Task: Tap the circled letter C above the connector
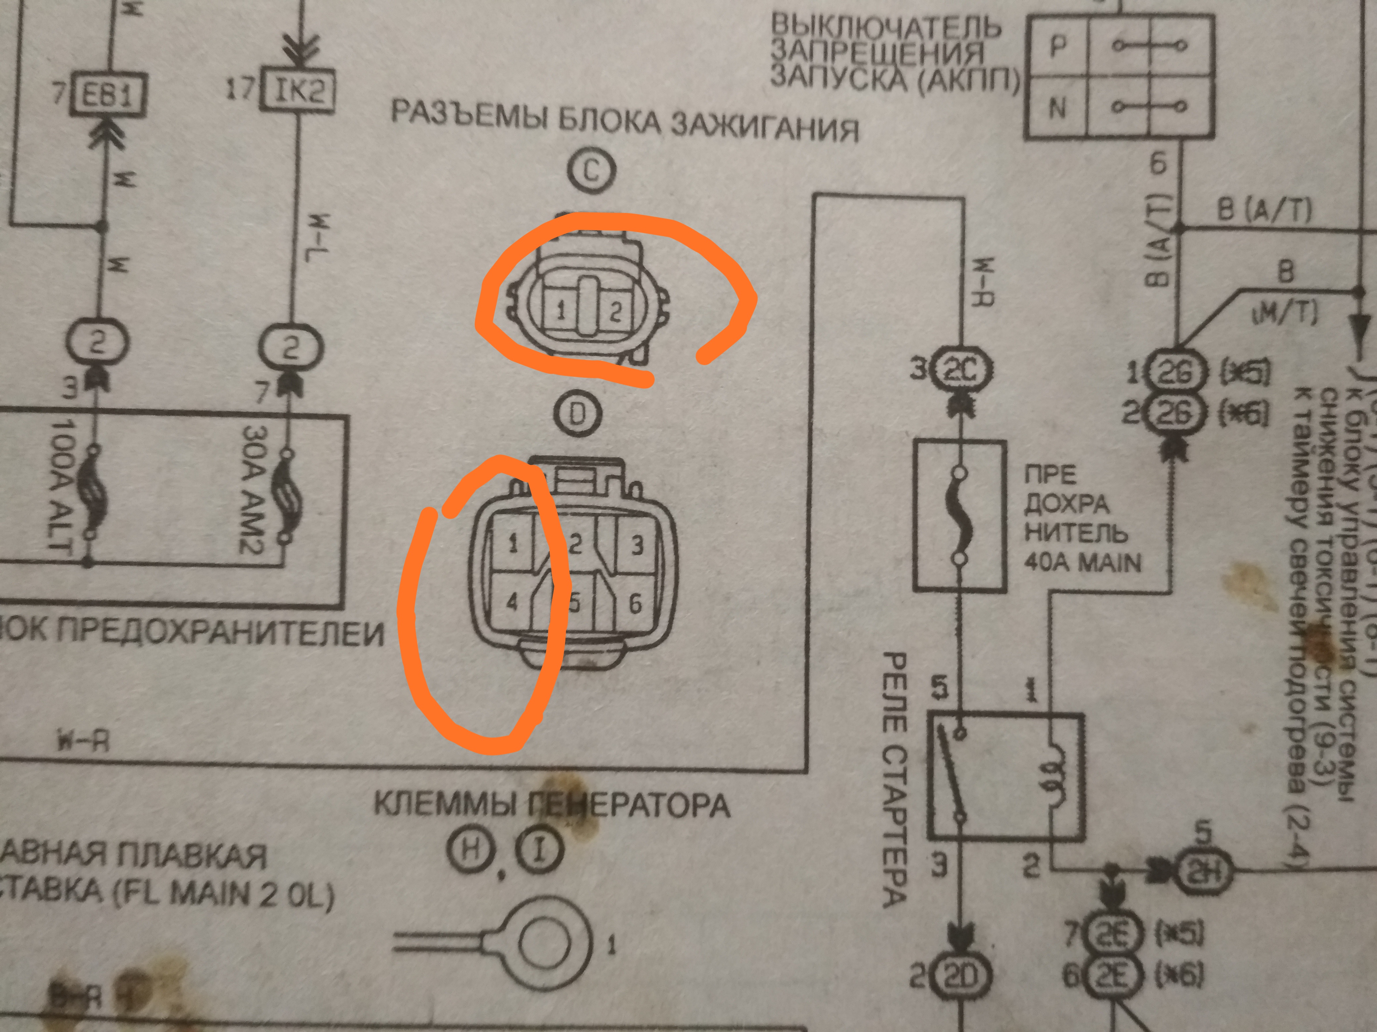point(591,169)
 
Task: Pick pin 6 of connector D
point(635,602)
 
